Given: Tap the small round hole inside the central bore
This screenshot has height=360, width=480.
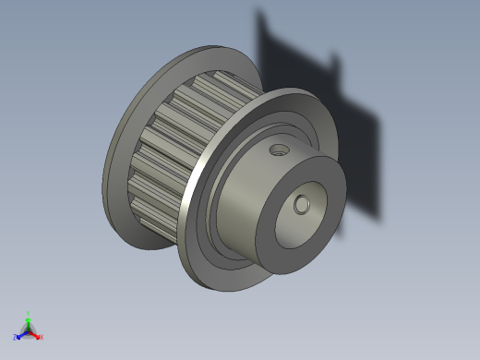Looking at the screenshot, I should tap(301, 205).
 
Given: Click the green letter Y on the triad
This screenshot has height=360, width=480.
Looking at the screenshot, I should tap(29, 313).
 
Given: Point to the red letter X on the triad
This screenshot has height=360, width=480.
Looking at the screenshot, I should tap(41, 337).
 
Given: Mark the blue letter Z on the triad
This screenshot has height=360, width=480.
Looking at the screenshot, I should tap(16, 337).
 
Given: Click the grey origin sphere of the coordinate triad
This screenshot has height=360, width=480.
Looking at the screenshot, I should tap(29, 330).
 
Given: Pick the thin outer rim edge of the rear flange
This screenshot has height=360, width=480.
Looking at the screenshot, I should tap(104, 175).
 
